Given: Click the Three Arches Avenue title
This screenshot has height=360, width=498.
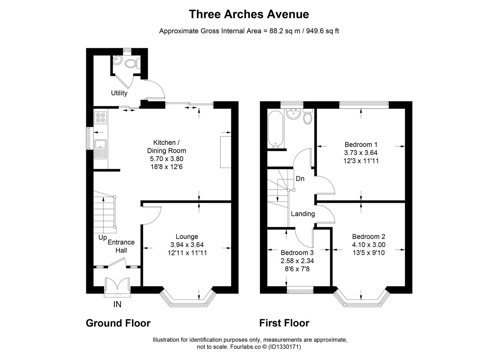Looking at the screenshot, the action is tap(249, 14).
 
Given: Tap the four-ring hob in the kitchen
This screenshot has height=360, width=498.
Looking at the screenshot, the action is tap(101, 118).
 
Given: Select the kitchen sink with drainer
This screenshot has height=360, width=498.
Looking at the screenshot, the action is tap(101, 149).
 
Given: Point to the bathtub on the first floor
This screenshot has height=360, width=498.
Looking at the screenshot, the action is tap(276, 130).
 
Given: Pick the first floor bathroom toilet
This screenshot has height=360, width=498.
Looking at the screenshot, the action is tap(308, 116).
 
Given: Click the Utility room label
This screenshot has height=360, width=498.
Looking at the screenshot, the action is tap(119, 93).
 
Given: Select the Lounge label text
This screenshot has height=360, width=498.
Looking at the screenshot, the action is tap(187, 236).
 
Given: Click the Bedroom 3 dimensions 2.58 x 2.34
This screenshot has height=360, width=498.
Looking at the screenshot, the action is tap(297, 261).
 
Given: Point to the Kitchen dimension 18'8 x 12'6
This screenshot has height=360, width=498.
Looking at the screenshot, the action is tap(167, 167).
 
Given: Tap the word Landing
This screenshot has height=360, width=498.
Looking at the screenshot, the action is tap(303, 214).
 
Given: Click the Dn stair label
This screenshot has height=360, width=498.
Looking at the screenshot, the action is tap(300, 179).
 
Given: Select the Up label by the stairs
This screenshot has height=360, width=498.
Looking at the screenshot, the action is tap(103, 238).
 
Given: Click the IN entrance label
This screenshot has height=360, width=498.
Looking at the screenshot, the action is tap(117, 304).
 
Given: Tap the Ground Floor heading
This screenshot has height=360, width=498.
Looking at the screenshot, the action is tap(118, 323).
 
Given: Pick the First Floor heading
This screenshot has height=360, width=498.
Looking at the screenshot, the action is tap(284, 323).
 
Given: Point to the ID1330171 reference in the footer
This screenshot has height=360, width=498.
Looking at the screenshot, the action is tap(284, 347).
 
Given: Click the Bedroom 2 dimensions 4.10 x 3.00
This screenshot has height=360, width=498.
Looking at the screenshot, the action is tap(369, 245).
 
